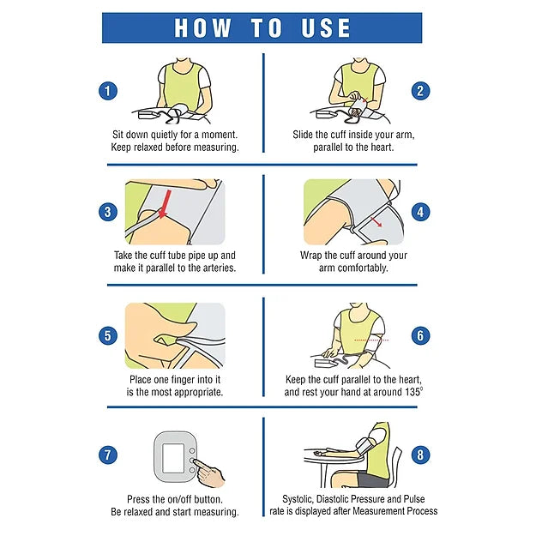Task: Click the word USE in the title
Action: pos(326,27)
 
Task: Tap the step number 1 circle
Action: pos(108,91)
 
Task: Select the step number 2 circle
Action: pos(420,91)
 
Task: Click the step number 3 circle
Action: pos(108,212)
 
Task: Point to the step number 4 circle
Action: pos(420,212)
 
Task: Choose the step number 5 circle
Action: pos(108,335)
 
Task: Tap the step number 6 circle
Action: pos(420,335)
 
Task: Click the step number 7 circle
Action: pos(108,455)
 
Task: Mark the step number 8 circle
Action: pos(420,455)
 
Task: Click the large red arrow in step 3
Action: pos(166,204)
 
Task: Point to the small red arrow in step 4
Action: pos(376,222)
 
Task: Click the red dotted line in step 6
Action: pos(371,340)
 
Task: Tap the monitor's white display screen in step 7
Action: pos(173,458)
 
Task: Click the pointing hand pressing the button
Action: pos(209,472)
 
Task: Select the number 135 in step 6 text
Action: pos(413,392)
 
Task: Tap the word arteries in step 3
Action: pos(220,268)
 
